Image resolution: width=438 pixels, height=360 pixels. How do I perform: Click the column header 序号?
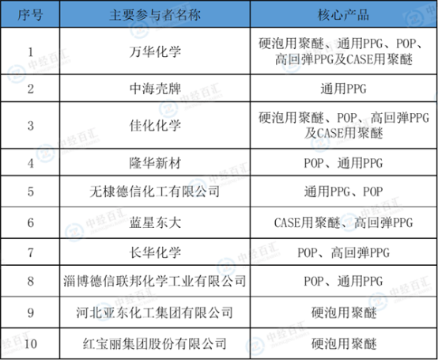click(x=30, y=14)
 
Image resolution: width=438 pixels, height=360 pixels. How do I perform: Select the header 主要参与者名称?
click(x=155, y=14)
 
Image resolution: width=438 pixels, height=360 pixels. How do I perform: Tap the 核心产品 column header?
click(x=344, y=14)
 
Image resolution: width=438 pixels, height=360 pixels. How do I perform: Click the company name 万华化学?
click(x=155, y=51)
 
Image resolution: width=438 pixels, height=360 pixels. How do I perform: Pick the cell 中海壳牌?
click(x=155, y=89)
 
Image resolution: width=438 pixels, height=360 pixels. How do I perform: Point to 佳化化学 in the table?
click(x=155, y=126)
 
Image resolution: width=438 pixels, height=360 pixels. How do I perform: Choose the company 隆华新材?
click(x=155, y=163)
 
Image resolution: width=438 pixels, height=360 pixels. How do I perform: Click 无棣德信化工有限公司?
click(x=154, y=191)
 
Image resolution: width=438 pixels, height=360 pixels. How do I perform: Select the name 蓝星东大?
click(x=155, y=223)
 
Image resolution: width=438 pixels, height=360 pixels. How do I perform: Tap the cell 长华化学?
click(x=155, y=252)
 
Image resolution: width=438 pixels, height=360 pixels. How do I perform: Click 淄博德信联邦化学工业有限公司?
click(x=154, y=281)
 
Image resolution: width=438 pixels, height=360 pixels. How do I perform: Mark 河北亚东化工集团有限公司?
click(x=154, y=313)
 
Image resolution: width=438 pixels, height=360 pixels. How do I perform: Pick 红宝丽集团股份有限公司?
click(x=154, y=344)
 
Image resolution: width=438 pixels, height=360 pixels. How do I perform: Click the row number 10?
click(x=31, y=344)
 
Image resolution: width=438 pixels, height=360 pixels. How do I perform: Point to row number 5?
click(x=31, y=192)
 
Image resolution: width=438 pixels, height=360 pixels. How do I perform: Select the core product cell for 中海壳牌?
click(x=343, y=89)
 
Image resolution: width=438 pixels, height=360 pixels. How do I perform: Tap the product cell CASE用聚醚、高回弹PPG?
click(x=343, y=223)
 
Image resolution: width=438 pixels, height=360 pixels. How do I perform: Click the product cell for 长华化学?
click(x=343, y=252)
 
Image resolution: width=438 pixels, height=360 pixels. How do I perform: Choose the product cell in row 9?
click(x=344, y=313)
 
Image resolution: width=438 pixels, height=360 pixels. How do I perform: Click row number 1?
click(x=31, y=52)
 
